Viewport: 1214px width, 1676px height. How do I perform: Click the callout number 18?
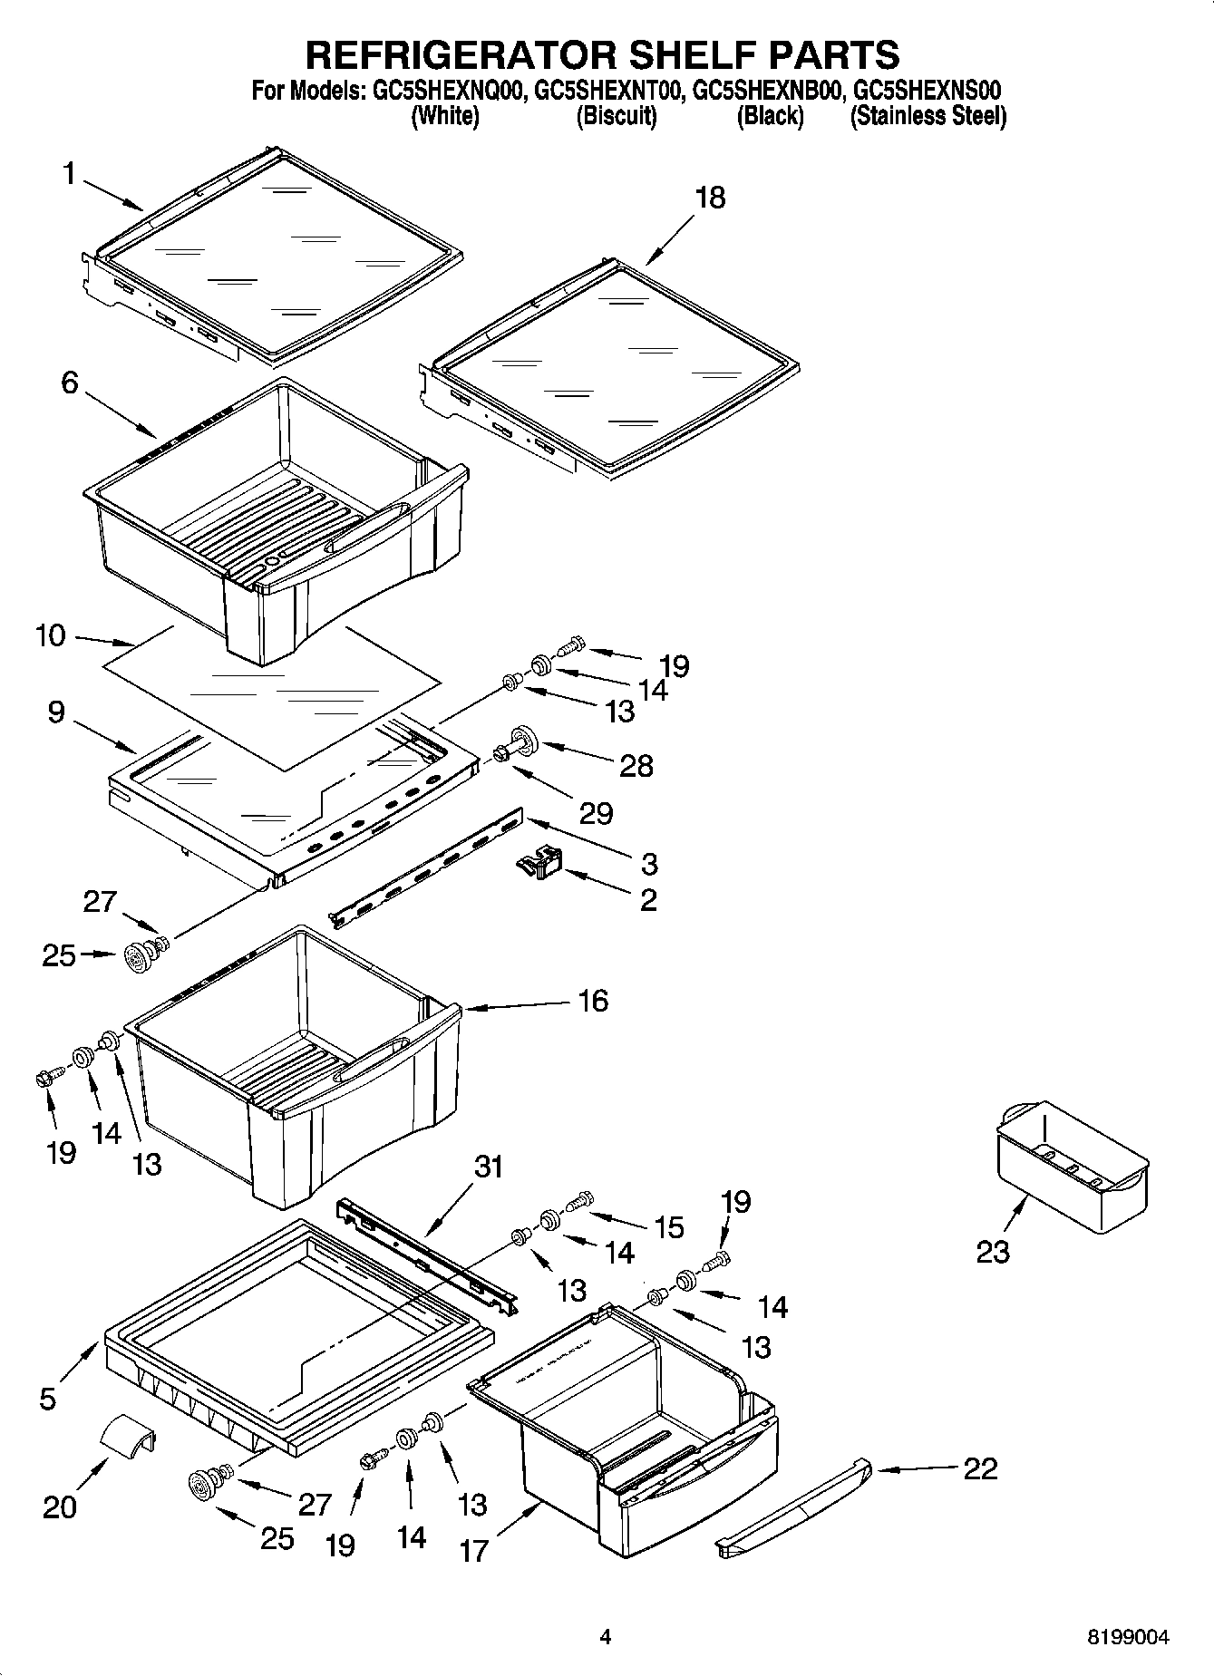pos(710,198)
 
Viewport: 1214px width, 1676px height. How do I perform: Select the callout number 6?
pos(70,383)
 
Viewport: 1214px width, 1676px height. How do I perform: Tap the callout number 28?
pos(636,766)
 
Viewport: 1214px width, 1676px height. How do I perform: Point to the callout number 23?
pos(992,1252)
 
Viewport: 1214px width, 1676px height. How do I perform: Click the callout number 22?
pos(980,1468)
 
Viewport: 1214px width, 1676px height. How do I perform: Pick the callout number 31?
pos(488,1167)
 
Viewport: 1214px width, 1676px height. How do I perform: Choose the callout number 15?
pos(668,1227)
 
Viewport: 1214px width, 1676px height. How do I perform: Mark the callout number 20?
pos(60,1506)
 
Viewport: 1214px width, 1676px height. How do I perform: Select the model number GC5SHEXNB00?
pos(769,91)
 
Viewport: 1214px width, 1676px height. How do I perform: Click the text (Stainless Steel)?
pos(927,116)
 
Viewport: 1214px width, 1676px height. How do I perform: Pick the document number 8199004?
pos(1128,1637)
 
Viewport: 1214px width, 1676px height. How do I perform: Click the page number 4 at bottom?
pos(605,1637)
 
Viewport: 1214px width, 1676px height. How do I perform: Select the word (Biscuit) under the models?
pos(617,116)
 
